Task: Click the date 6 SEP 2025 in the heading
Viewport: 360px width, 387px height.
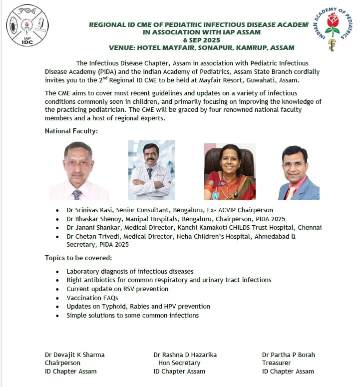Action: (201, 39)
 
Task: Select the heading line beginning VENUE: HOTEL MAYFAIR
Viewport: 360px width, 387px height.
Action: (201, 47)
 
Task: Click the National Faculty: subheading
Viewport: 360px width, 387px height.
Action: (71, 131)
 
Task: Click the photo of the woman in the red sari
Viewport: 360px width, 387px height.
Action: (230, 172)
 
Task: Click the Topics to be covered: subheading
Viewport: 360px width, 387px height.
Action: (78, 258)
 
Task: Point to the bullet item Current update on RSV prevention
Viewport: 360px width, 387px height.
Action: (117, 289)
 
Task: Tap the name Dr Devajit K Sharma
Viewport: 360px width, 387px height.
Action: (75, 355)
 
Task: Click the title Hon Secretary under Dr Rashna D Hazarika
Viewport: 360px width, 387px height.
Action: (179, 363)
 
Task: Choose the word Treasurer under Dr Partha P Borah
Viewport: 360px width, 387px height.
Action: (276, 363)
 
